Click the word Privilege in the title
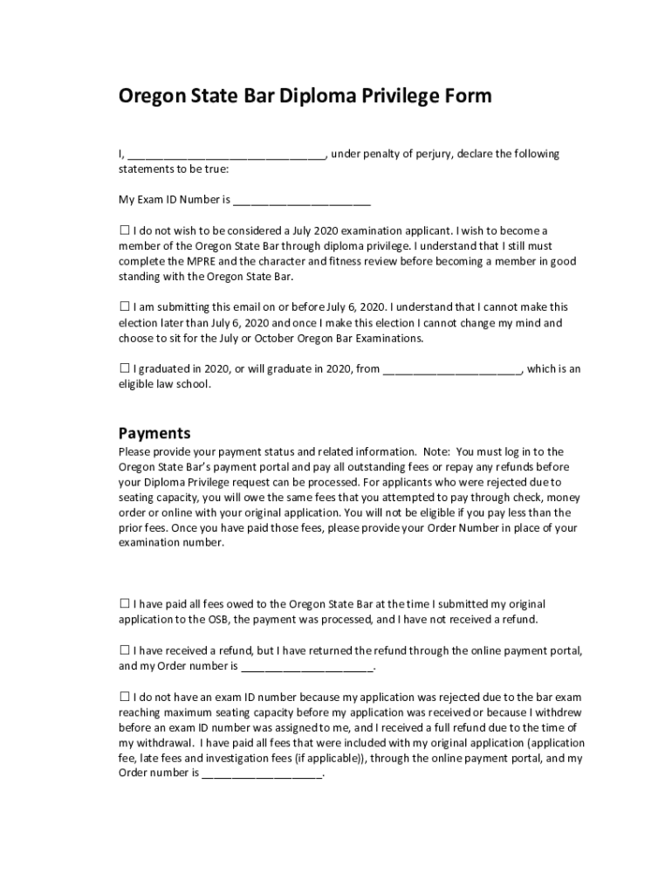pyautogui.click(x=397, y=96)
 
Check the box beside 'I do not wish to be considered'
pyautogui.click(x=124, y=231)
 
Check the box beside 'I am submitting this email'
pyautogui.click(x=124, y=307)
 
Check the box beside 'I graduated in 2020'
pyautogui.click(x=124, y=368)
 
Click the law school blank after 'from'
pyautogui.click(x=452, y=370)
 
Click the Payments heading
pyautogui.click(x=154, y=433)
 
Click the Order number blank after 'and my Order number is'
pyautogui.click(x=306, y=668)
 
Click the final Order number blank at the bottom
pyautogui.click(x=263, y=775)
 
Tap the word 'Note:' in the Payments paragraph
pyautogui.click(x=436, y=452)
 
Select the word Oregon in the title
pyautogui.click(x=153, y=96)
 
